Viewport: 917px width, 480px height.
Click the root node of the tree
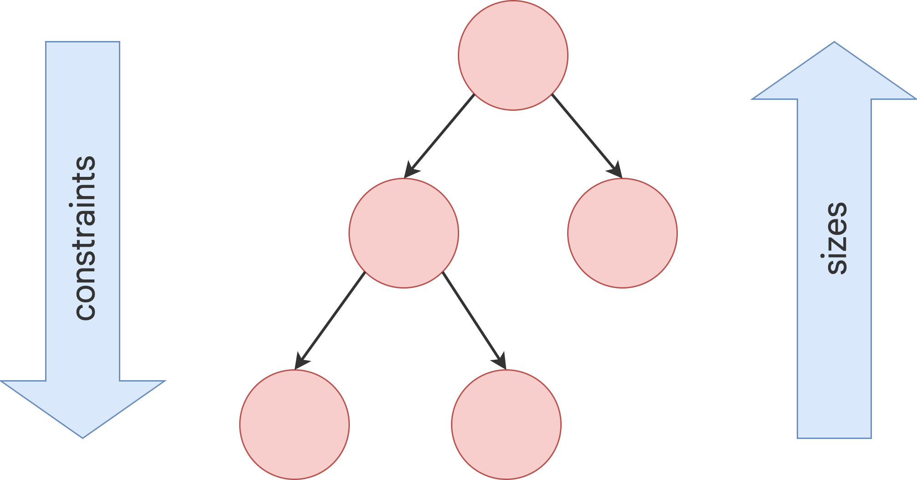pos(513,55)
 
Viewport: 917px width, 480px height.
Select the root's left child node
pos(404,233)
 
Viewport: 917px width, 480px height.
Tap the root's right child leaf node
pos(622,233)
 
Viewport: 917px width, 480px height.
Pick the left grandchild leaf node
pos(294,424)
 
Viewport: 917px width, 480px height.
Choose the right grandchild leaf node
pos(506,424)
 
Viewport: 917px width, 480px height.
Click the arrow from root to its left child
pos(439,136)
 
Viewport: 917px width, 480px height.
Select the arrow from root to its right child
pos(587,136)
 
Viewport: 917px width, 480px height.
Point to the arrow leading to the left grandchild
pos(330,320)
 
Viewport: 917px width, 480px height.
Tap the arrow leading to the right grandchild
pos(474,320)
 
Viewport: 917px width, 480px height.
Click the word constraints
pos(85,238)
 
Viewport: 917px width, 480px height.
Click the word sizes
pos(836,238)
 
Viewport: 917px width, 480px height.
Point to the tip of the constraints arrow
pos(82,438)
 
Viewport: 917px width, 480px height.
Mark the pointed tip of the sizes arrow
pos(834,42)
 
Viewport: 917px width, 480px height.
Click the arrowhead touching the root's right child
pos(616,170)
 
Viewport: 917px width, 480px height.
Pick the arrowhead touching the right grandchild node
pos(500,361)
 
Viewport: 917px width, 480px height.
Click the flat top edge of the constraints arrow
pos(82,42)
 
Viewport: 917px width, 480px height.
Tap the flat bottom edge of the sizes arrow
pos(834,438)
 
